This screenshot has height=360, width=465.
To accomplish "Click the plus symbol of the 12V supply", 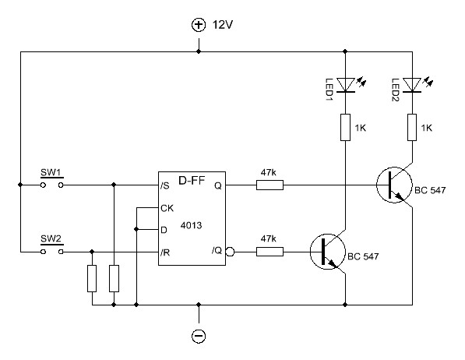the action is [199, 25].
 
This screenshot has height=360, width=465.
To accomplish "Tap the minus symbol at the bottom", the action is [199, 336].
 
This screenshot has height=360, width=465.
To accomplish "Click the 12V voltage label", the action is [223, 25].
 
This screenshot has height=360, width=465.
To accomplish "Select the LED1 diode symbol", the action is [346, 85].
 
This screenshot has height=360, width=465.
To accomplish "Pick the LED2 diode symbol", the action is [412, 85].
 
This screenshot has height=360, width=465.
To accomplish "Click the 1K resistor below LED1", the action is [346, 127].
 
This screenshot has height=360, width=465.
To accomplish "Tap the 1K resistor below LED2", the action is [412, 127].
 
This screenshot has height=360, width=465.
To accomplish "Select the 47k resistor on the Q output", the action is [269, 185].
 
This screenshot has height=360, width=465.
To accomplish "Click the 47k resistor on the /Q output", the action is [269, 252].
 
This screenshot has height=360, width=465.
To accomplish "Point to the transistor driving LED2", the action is [394, 185].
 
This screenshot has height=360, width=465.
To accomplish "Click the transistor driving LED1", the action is [328, 252].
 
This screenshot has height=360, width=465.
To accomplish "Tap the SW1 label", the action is [51, 172].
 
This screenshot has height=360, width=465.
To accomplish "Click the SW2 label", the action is [51, 239].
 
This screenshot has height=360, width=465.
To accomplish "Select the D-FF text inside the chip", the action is [192, 180].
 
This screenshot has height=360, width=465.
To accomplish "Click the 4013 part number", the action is [192, 225].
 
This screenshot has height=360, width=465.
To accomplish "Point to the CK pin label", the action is [167, 208].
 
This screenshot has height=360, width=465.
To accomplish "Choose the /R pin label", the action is [165, 252].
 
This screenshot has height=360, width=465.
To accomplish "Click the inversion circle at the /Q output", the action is [230, 252].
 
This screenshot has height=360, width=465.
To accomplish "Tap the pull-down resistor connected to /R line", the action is [92, 278].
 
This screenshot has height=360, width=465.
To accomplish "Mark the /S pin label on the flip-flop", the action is [164, 185].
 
